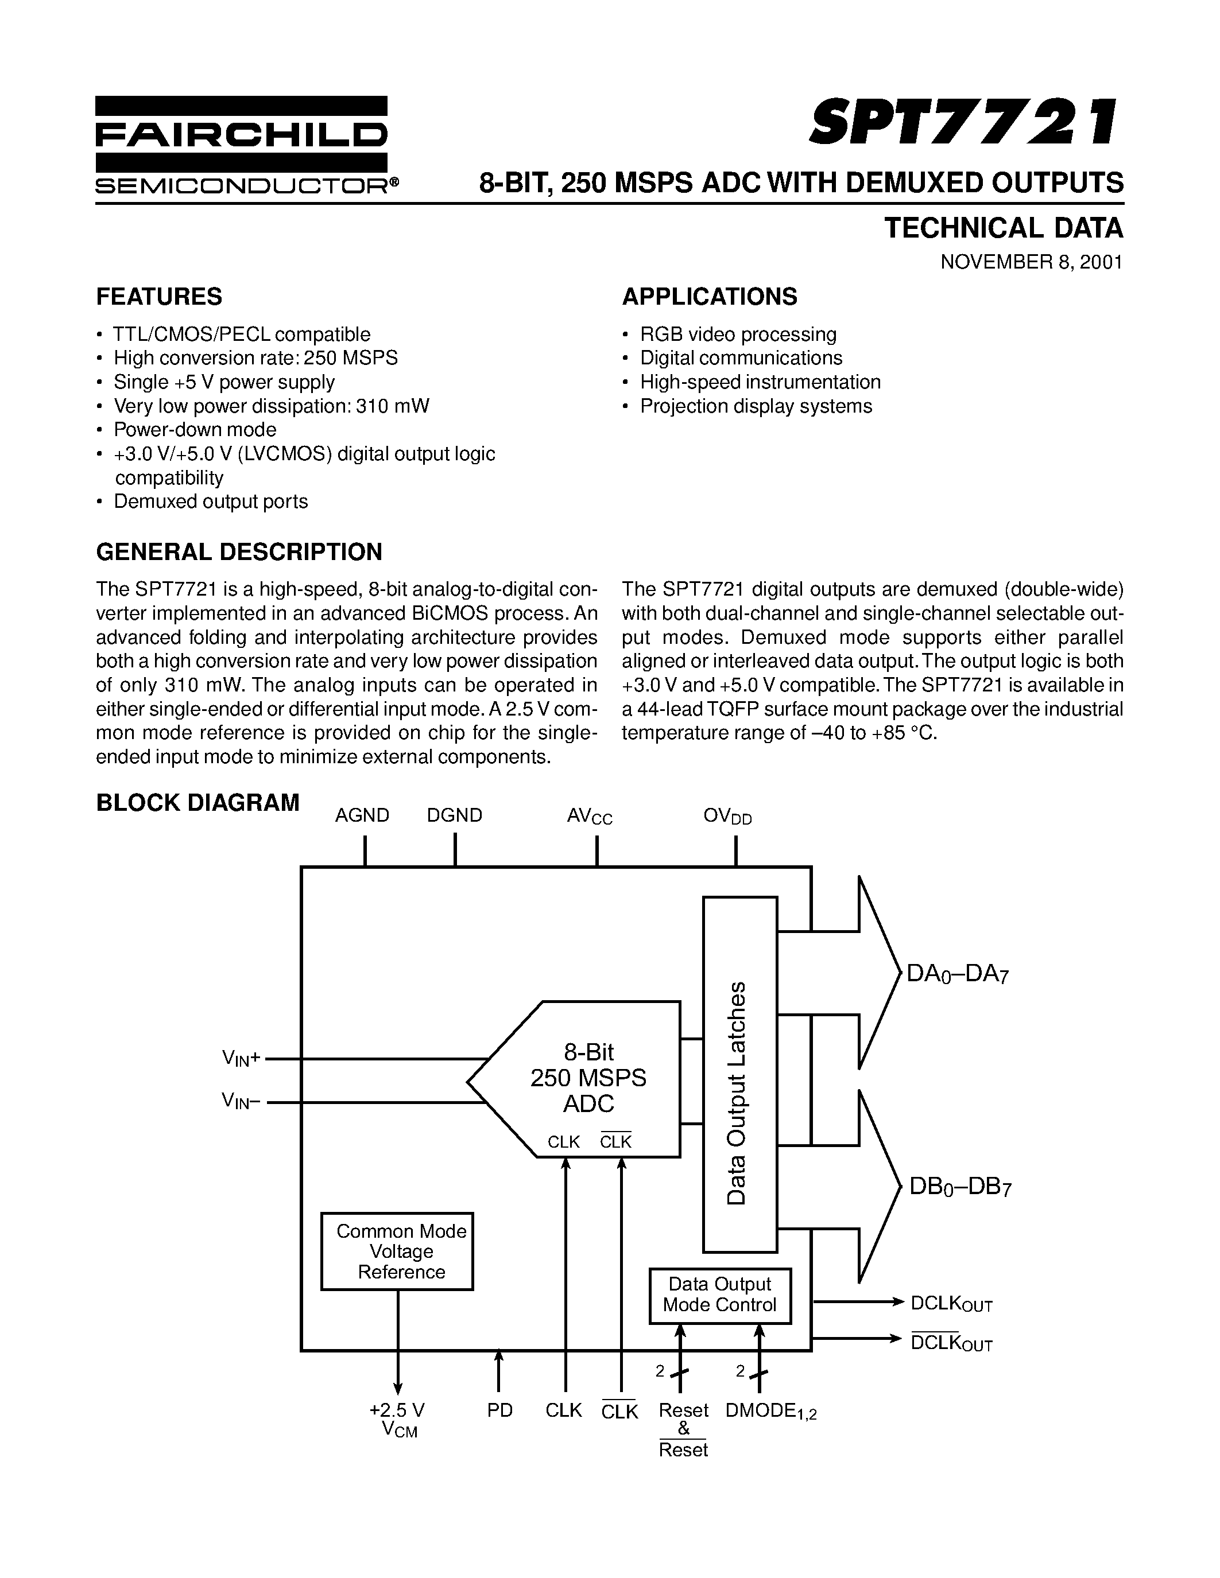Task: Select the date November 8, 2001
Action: pos(1031,262)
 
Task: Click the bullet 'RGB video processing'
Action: pos(737,335)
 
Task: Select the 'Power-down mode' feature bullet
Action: pos(195,430)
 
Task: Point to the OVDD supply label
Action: pos(727,817)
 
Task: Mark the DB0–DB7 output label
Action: pos(960,1188)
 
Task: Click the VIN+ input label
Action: pos(241,1059)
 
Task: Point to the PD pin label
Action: pos(499,1410)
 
